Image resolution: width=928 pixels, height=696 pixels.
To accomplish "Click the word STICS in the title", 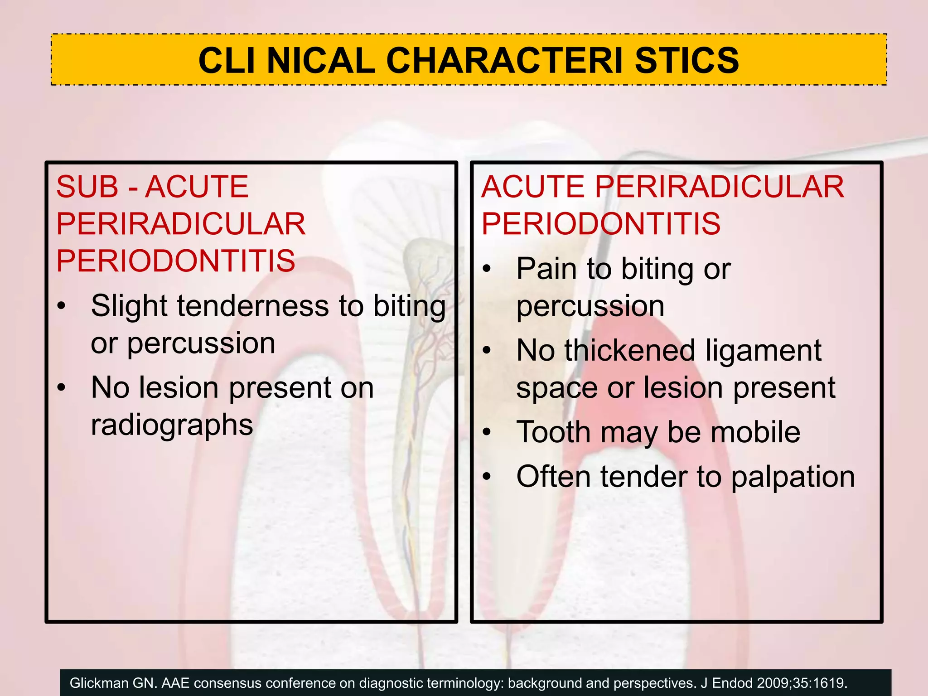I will click(x=687, y=61).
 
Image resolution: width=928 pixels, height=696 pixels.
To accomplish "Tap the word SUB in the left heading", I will click(x=87, y=187).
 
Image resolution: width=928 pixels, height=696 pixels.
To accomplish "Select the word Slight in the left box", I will click(x=129, y=306).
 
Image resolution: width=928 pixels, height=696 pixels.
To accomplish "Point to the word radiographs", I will click(x=172, y=425).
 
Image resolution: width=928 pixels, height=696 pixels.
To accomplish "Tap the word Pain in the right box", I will click(x=546, y=269).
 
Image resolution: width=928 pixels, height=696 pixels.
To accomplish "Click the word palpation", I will click(x=793, y=478).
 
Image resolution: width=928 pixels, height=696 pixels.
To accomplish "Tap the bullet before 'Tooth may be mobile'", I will click(x=487, y=432).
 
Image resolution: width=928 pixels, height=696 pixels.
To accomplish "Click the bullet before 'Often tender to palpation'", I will click(x=487, y=477).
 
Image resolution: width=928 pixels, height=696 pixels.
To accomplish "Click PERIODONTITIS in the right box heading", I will click(x=600, y=224).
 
